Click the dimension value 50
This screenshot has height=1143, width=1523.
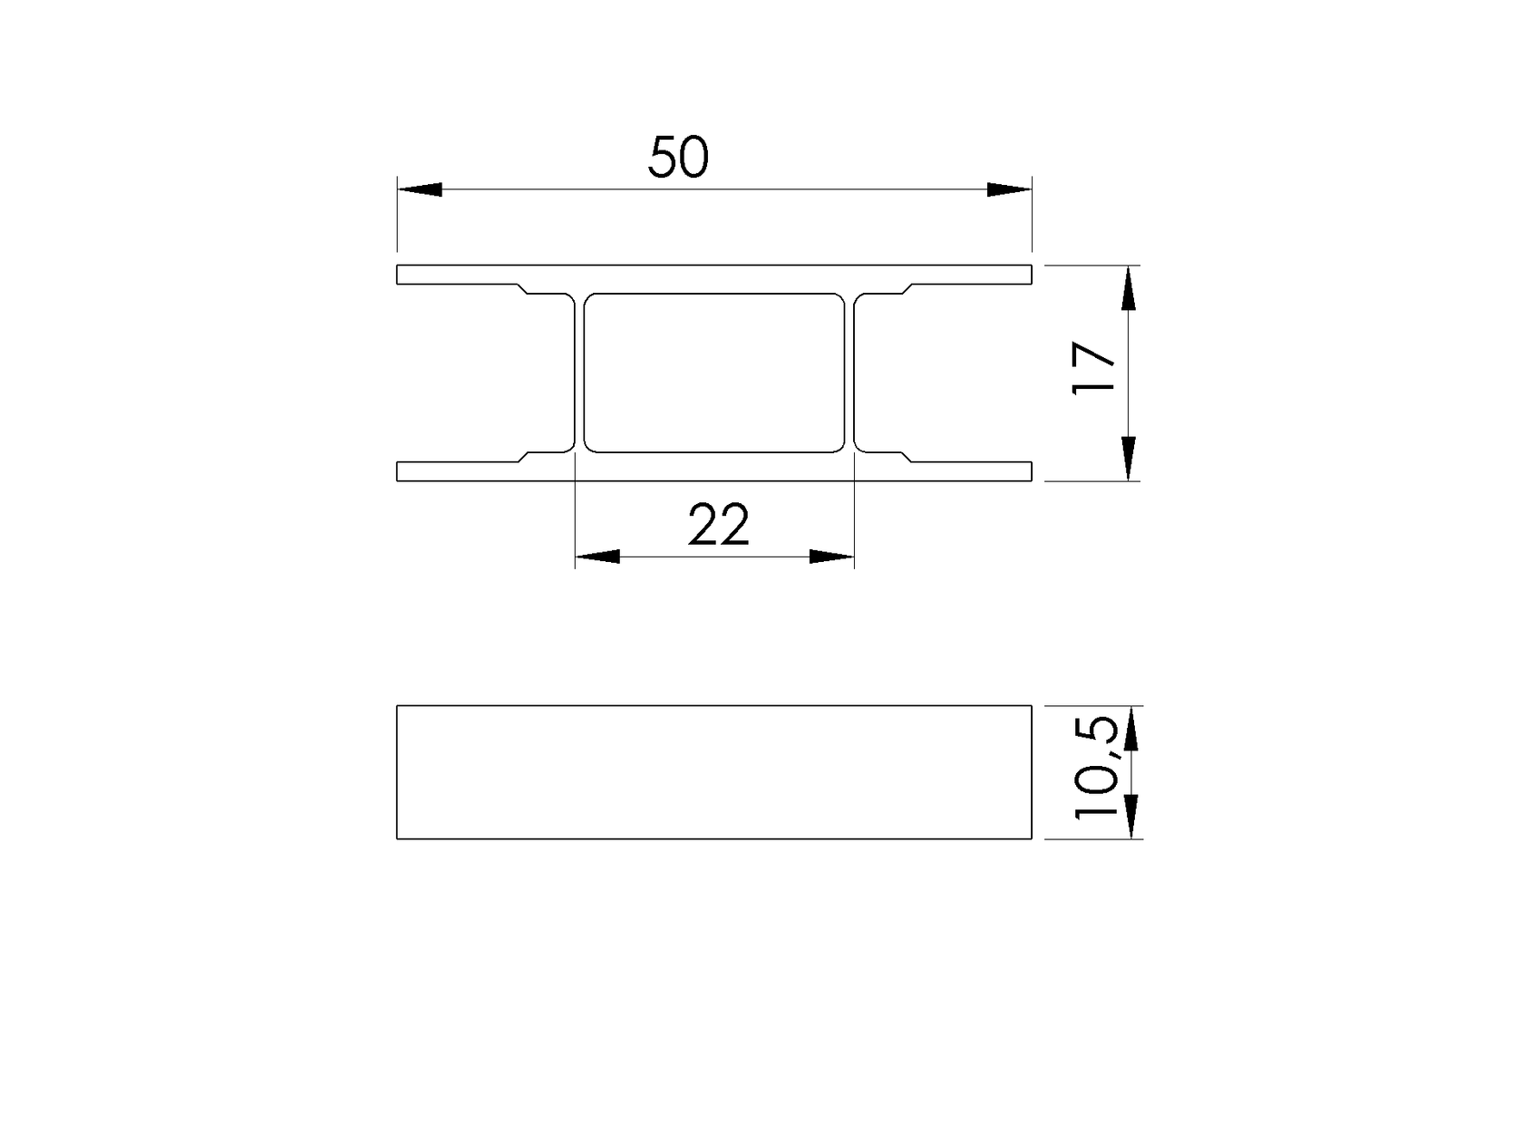coord(678,158)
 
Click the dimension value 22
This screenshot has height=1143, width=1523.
coord(719,526)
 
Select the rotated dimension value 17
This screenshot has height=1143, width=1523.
coord(1093,368)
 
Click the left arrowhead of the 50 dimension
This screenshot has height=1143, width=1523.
coord(420,189)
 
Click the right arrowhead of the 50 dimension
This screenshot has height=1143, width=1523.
coord(1009,189)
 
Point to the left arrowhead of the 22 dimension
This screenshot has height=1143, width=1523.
coord(597,557)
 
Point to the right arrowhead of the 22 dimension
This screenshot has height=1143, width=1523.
coord(831,557)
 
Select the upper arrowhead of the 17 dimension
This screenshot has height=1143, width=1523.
coord(1128,288)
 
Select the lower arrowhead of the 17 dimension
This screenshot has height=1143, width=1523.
coord(1128,457)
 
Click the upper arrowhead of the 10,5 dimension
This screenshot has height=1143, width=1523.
coord(1130,729)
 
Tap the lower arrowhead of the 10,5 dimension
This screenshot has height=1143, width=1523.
coord(1130,816)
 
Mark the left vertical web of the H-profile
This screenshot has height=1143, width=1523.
coord(579,373)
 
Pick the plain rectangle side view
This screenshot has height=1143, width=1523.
coord(714,772)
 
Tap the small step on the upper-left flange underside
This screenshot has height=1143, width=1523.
coord(522,289)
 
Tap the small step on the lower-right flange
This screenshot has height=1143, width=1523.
coord(907,456)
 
